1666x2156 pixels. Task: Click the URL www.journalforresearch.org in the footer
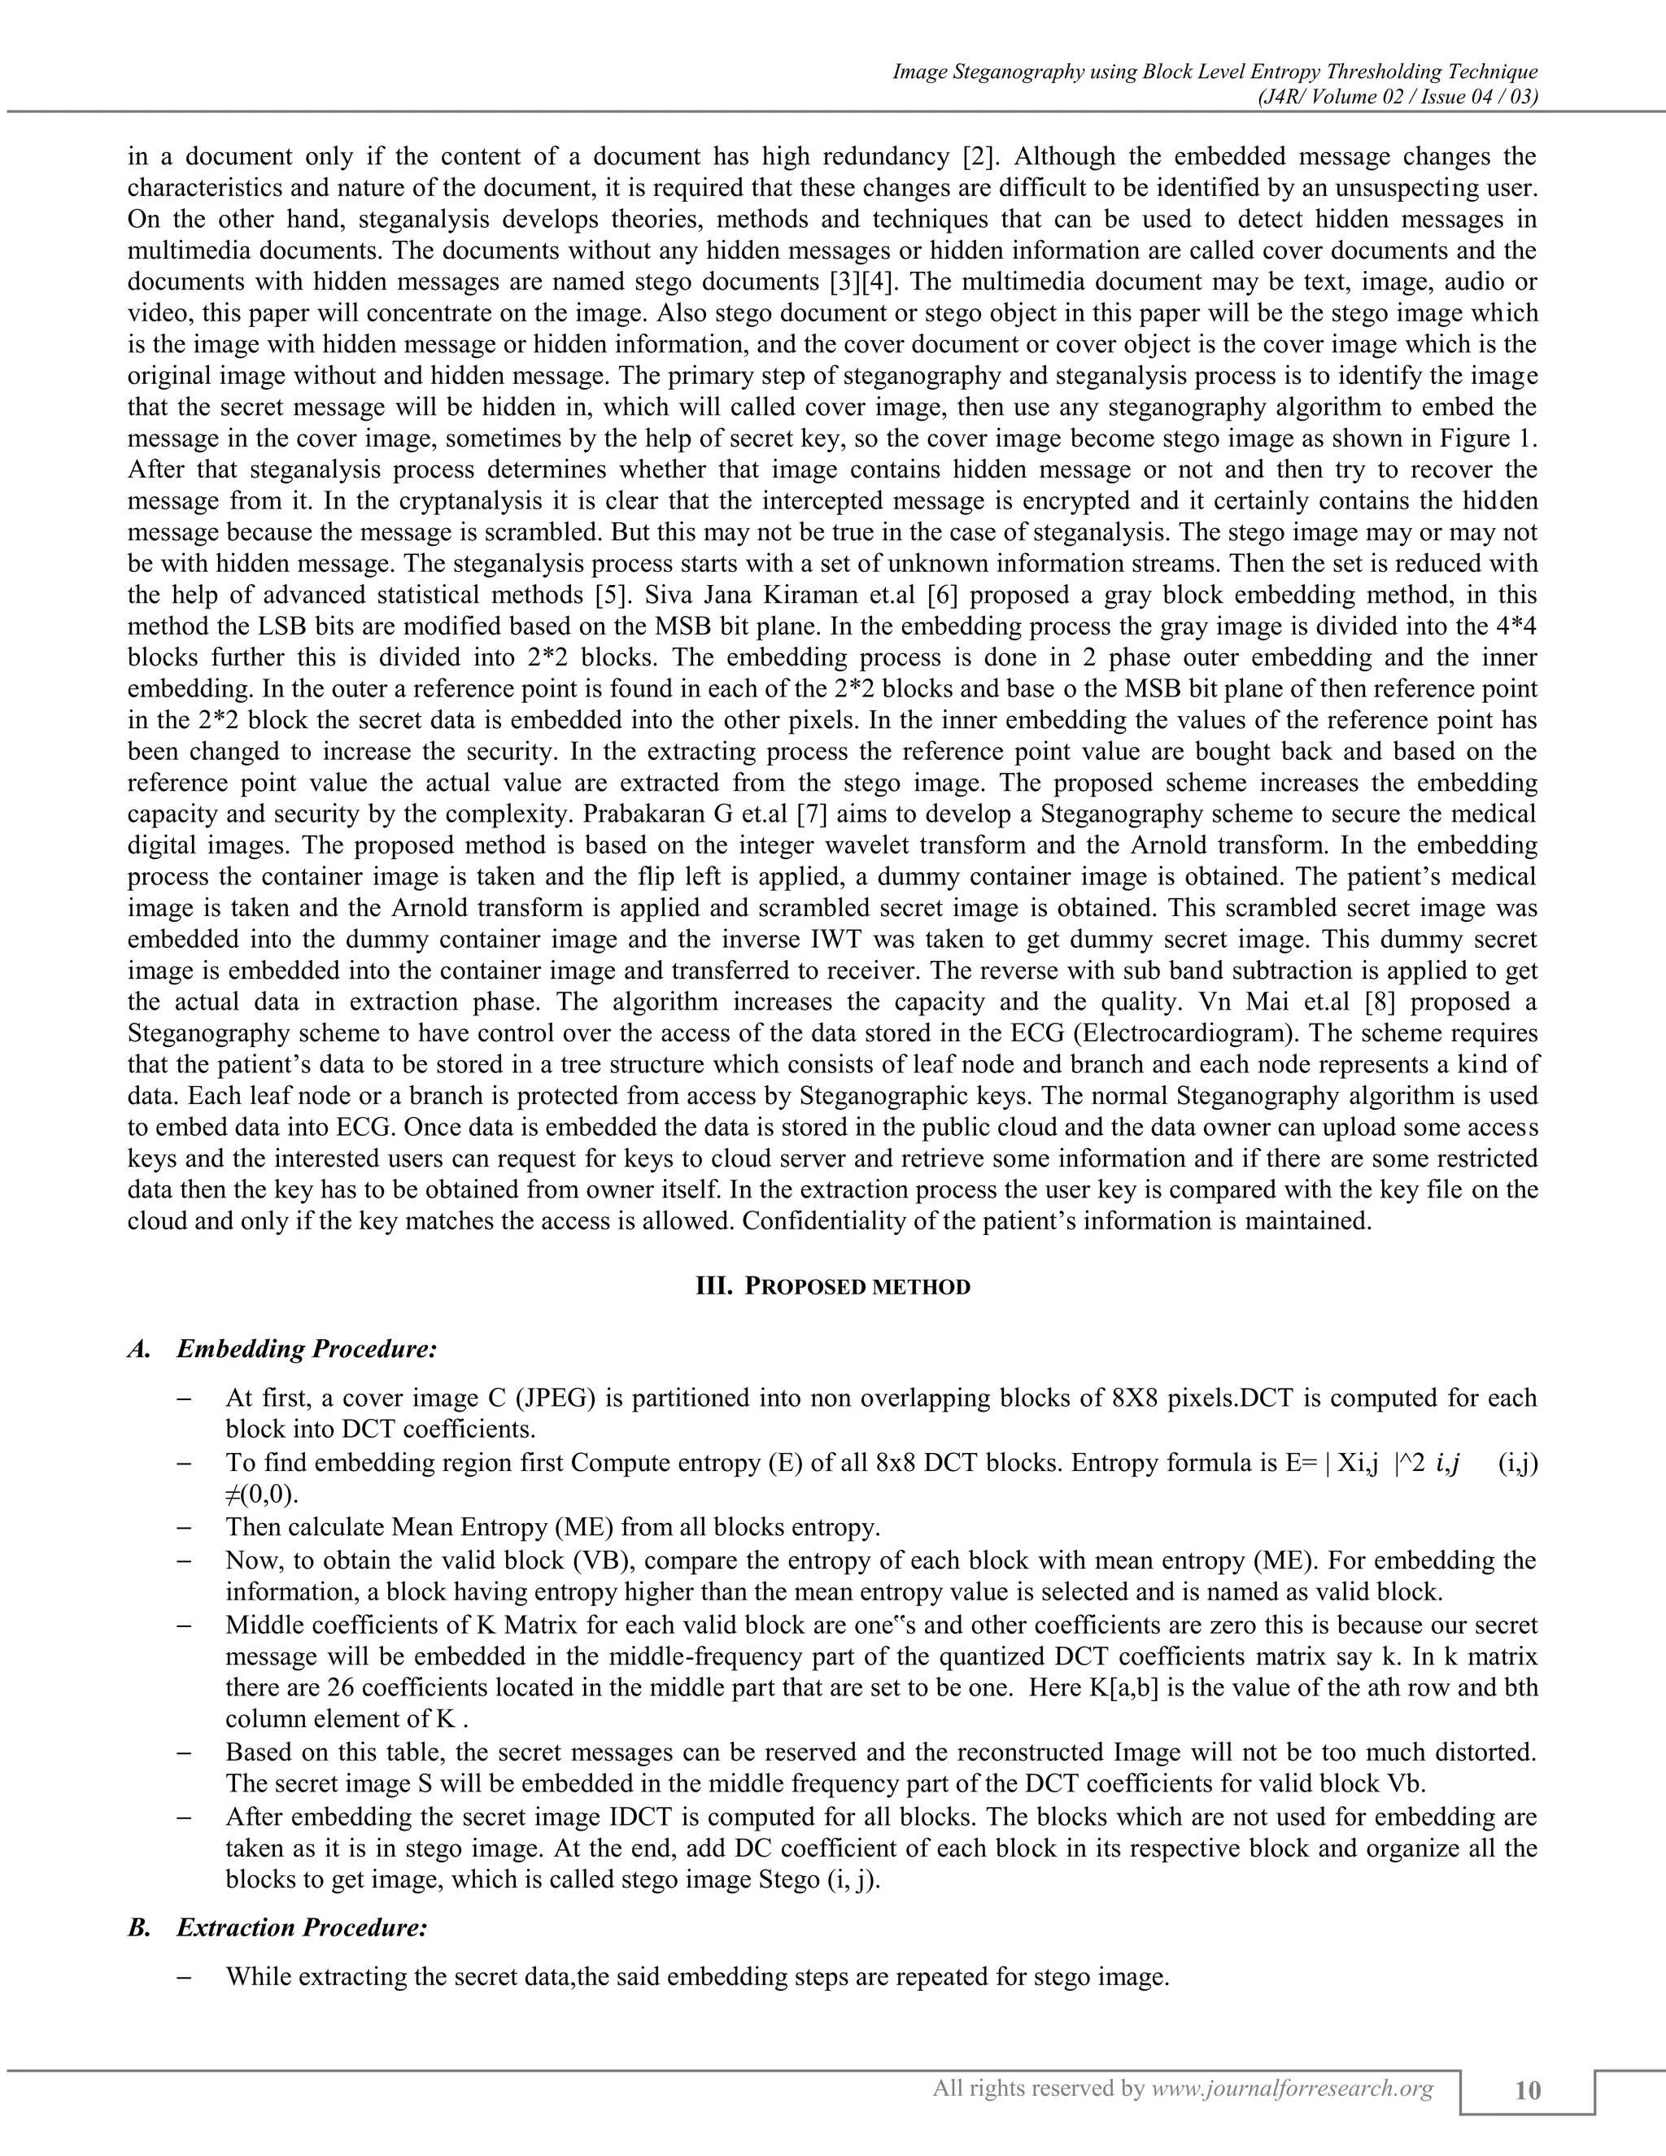1292,2087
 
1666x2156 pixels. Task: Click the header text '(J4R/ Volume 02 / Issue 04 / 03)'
1398,97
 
